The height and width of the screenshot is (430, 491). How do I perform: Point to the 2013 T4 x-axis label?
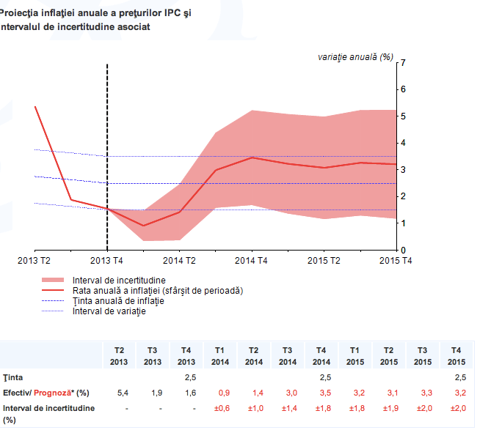[107, 260]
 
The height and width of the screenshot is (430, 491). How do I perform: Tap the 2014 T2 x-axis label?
[179, 260]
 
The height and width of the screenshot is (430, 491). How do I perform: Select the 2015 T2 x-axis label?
[323, 260]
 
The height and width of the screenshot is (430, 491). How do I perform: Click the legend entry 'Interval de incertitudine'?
[119, 280]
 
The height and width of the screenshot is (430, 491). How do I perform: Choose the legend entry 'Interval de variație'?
[109, 311]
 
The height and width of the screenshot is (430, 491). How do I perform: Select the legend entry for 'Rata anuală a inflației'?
[158, 290]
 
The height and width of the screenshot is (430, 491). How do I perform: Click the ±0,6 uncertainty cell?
[220, 407]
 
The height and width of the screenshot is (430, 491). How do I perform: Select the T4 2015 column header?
[457, 355]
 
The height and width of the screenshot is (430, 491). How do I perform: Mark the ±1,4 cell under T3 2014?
[288, 407]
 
